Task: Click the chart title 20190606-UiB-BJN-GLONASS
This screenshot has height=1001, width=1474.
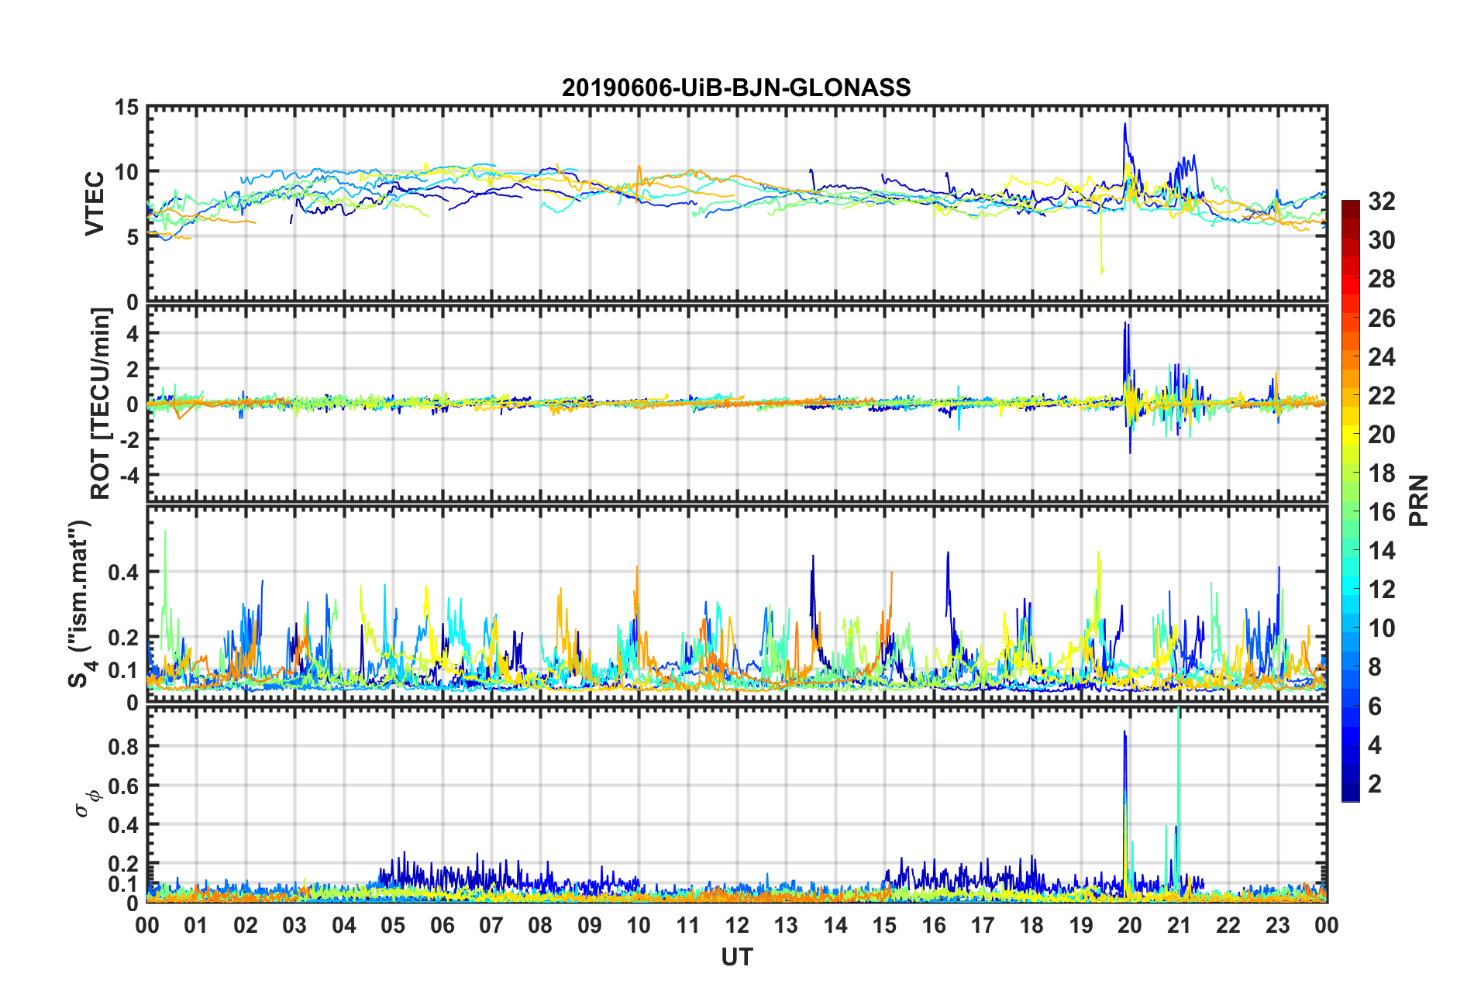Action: [x=736, y=88]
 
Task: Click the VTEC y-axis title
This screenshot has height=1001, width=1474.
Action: [x=95, y=204]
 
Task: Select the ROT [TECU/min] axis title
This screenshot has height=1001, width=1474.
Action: [x=102, y=403]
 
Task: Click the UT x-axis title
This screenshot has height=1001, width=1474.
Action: [x=736, y=958]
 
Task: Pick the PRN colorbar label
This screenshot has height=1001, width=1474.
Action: [x=1418, y=500]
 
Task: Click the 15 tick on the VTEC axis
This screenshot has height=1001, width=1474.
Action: [x=126, y=108]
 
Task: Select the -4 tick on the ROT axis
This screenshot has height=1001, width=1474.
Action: [x=130, y=474]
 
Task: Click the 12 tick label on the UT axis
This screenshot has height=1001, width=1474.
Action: [x=736, y=926]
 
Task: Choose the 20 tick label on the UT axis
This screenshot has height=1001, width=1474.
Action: [x=1129, y=926]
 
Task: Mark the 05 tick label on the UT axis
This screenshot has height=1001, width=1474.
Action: [x=392, y=926]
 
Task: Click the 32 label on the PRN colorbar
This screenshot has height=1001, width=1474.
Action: [x=1381, y=202]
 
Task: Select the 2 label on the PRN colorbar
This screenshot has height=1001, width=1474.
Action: [x=1375, y=784]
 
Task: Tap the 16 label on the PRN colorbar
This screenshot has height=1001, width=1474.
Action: [x=1381, y=512]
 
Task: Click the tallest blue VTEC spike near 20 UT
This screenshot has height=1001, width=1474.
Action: [x=1124, y=124]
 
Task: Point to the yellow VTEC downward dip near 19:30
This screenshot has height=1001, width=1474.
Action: [x=1101, y=270]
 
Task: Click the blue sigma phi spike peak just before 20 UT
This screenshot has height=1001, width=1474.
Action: [x=1124, y=731]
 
